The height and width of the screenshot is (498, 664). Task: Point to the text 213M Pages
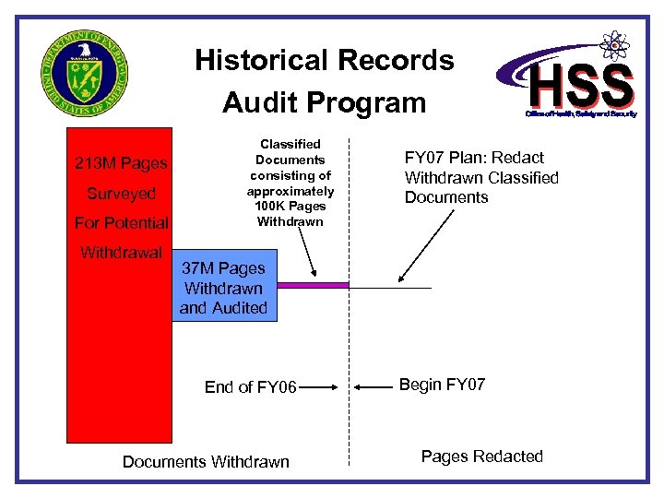pyautogui.click(x=121, y=163)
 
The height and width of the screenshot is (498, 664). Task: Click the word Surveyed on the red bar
pyautogui.click(x=121, y=194)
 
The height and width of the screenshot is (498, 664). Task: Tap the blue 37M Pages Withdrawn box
pyautogui.click(x=223, y=288)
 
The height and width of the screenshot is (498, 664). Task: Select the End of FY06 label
pyautogui.click(x=250, y=387)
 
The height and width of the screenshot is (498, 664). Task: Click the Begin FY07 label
pyautogui.click(x=443, y=385)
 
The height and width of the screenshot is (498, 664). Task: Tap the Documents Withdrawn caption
pyautogui.click(x=206, y=462)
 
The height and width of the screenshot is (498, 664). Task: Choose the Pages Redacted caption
pyautogui.click(x=482, y=456)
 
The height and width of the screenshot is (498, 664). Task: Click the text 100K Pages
pyautogui.click(x=290, y=206)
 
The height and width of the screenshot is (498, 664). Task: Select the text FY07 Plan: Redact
pyautogui.click(x=474, y=158)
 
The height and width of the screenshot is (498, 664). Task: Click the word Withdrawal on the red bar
pyautogui.click(x=121, y=253)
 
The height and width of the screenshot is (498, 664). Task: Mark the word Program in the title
pyautogui.click(x=370, y=102)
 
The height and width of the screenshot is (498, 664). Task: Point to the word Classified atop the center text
pyautogui.click(x=290, y=144)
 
